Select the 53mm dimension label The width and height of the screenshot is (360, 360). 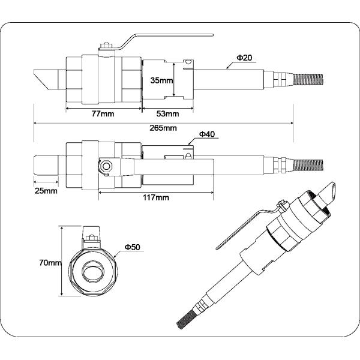(167, 113)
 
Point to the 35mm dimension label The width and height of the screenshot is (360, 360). (161, 79)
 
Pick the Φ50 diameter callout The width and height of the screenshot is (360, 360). (133, 247)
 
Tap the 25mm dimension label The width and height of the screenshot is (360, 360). (46, 191)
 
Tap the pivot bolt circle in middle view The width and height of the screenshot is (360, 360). (106, 165)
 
